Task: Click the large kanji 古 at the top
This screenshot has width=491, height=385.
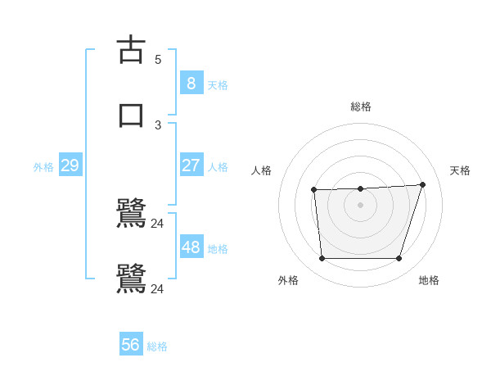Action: coord(132,50)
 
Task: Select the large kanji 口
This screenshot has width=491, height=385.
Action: coord(132,114)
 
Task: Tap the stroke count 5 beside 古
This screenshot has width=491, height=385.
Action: coord(158,60)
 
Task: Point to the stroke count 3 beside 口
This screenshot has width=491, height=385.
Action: coord(158,125)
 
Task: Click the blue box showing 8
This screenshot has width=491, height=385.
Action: coord(191,83)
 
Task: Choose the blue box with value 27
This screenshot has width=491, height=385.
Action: coord(191,165)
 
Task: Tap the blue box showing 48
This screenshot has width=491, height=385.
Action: coord(191,247)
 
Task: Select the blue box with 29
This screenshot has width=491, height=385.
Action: coord(70,165)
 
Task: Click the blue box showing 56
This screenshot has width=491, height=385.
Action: coord(131,345)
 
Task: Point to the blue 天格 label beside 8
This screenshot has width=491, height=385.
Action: coord(218,84)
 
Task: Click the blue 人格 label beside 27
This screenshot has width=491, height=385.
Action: coord(218,167)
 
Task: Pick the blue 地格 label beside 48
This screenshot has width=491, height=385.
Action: coord(218,248)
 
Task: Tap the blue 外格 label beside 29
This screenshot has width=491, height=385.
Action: coord(43,167)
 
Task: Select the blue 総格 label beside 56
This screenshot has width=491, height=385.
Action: coord(157,346)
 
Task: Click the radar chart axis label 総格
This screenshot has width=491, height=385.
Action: coord(361,106)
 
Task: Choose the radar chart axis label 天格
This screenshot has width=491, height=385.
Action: coord(461,170)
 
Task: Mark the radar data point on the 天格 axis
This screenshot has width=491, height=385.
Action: coord(422,184)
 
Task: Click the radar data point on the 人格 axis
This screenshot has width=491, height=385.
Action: coord(314,190)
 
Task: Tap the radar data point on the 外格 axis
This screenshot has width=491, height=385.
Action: coord(322,258)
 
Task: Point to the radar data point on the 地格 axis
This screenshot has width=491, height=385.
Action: coord(399,258)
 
